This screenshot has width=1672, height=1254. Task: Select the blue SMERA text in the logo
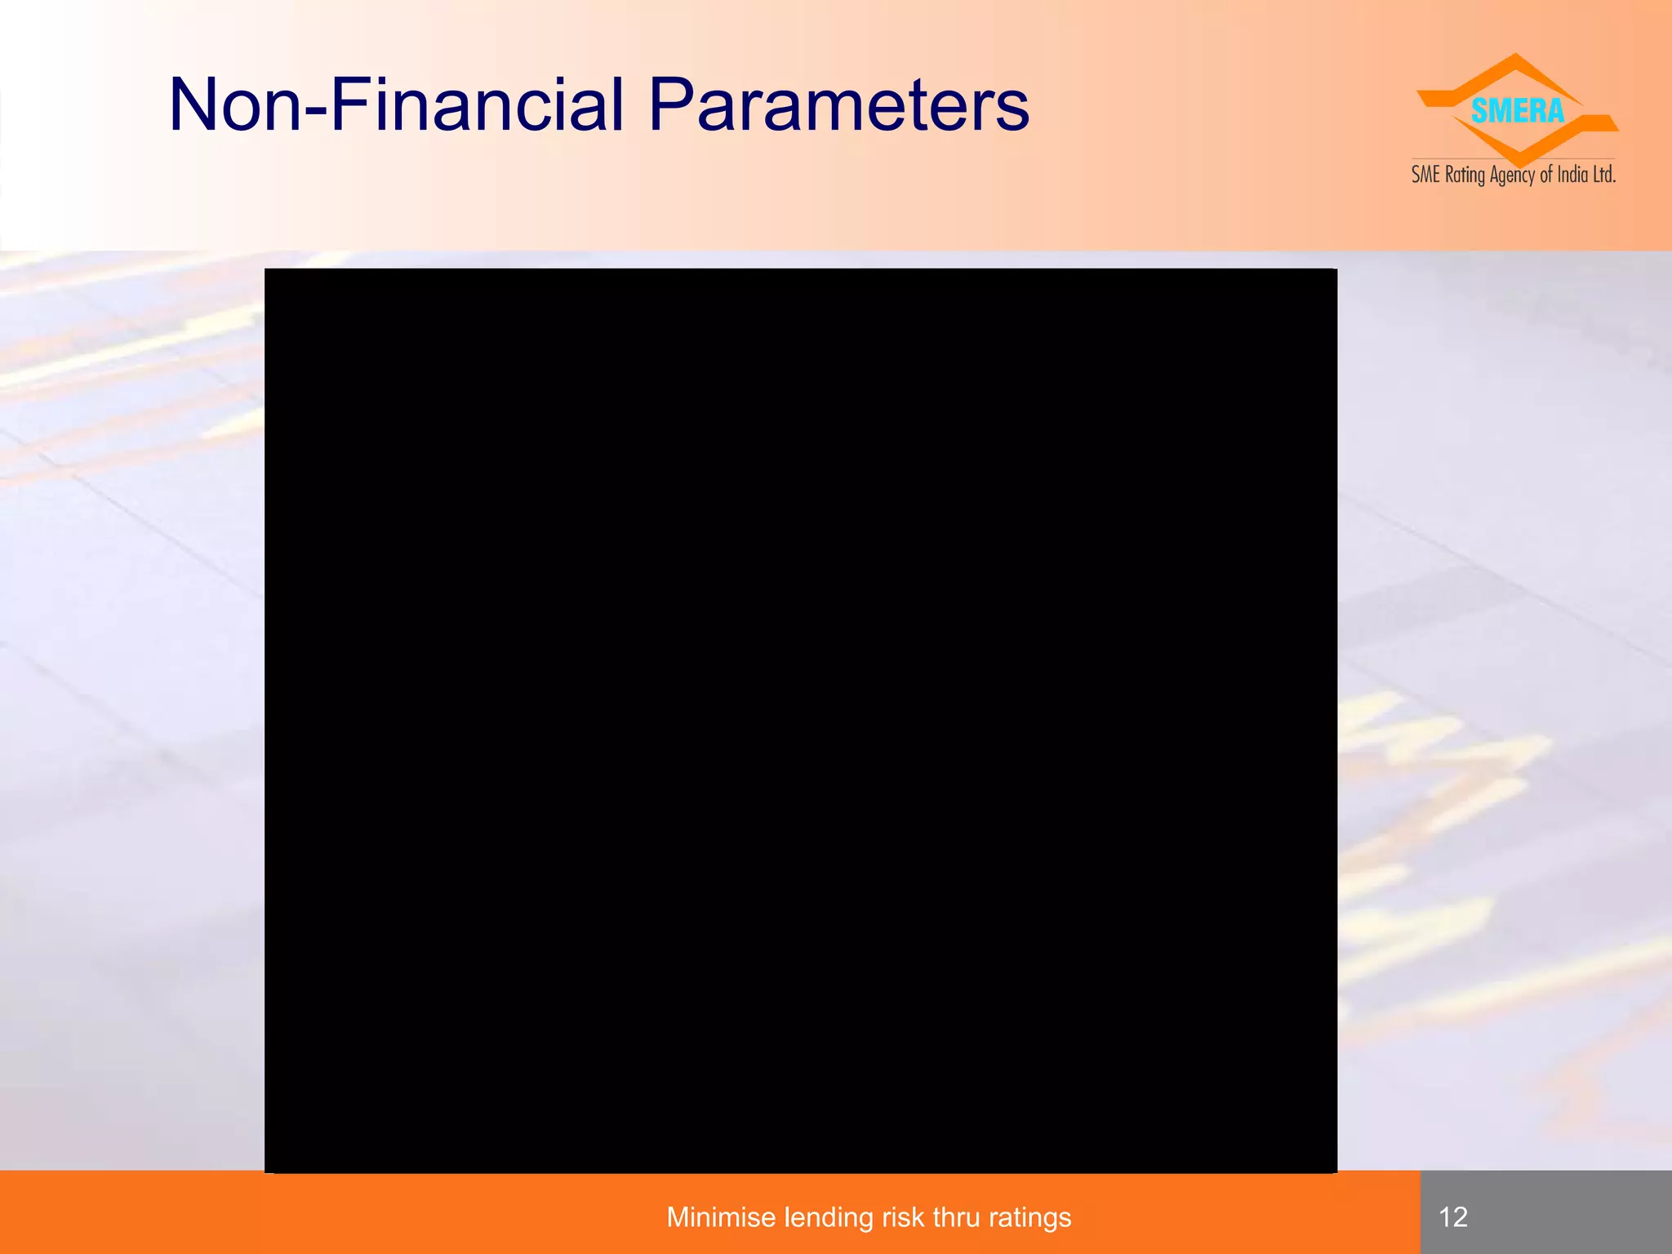[x=1517, y=111]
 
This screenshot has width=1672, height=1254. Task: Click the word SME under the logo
[x=1425, y=175]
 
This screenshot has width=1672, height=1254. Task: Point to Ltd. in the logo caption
[x=1604, y=175]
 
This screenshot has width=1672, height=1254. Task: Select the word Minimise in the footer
[x=720, y=1217]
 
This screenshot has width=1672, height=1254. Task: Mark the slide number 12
[x=1453, y=1217]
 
